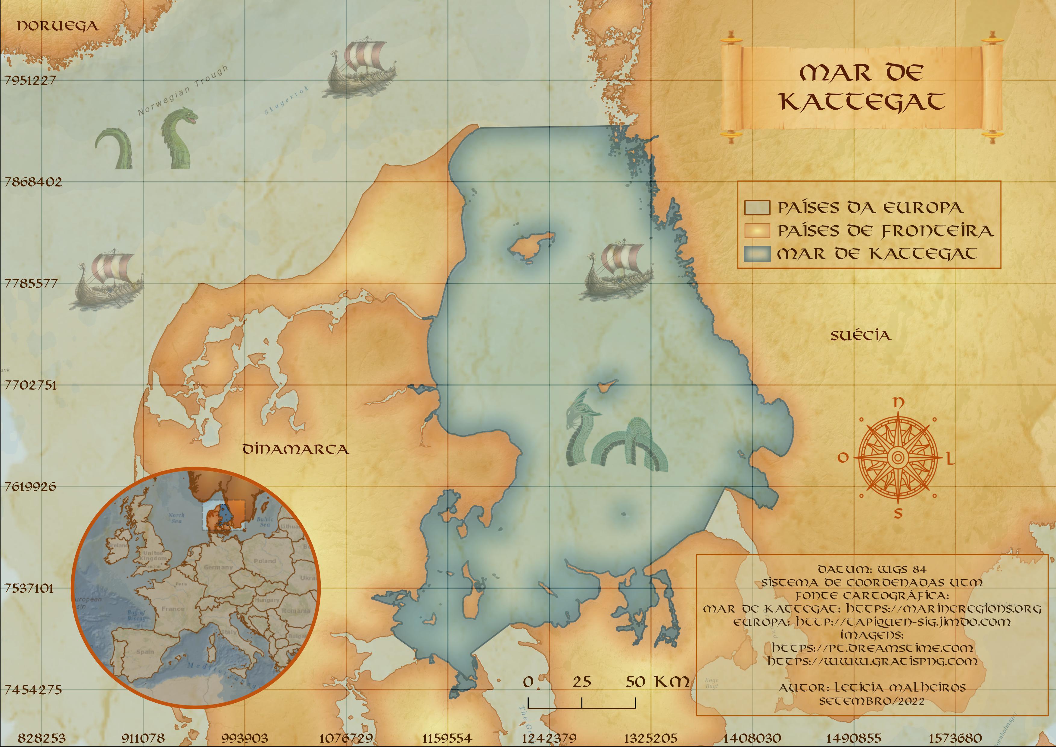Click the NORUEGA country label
pos(58,26)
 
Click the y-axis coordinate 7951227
pos(30,80)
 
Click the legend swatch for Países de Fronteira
pos(757,230)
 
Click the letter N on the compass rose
pos(898,403)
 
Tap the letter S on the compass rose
pos(898,513)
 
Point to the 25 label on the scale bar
pos(582,682)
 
